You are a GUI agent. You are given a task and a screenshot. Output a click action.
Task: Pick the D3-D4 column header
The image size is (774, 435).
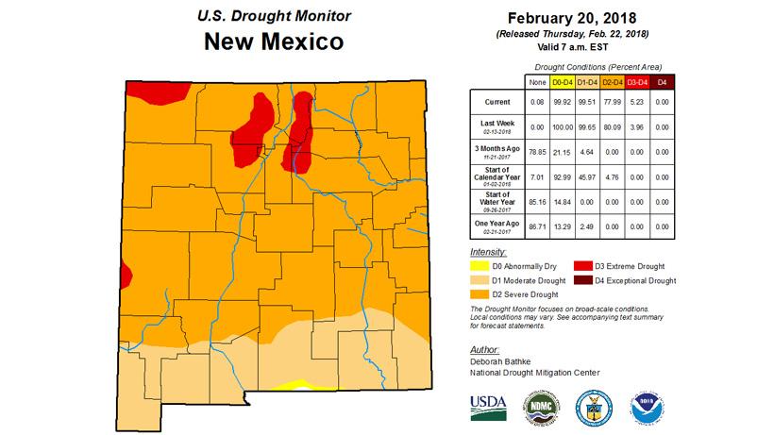pyautogui.click(x=636, y=83)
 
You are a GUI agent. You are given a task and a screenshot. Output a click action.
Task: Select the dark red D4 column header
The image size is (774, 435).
pyautogui.click(x=662, y=83)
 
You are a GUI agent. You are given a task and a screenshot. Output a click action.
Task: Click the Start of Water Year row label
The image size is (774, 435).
pyautogui.click(x=494, y=202)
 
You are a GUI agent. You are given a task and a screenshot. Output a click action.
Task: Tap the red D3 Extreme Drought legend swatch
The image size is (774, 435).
pyautogui.click(x=583, y=268)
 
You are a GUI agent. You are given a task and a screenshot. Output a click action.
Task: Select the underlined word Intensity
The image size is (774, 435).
pyautogui.click(x=489, y=253)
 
